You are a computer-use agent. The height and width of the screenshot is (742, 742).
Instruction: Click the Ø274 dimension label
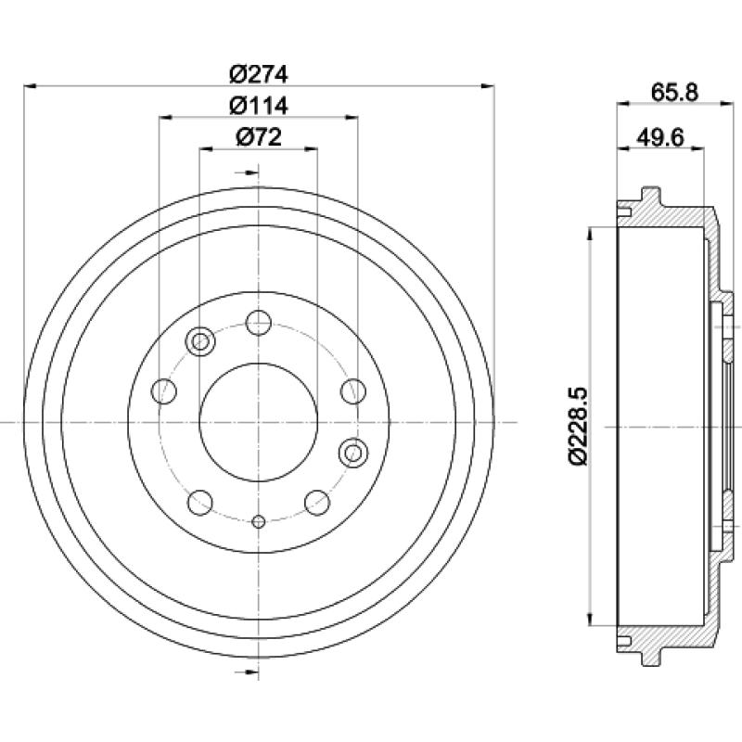coord(259,74)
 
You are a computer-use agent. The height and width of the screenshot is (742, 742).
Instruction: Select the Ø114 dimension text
coord(259,106)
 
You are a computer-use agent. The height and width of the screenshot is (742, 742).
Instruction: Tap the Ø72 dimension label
coord(259,137)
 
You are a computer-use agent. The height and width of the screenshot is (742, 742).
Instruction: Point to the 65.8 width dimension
coord(674,92)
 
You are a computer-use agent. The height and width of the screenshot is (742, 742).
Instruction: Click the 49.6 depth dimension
coord(660,137)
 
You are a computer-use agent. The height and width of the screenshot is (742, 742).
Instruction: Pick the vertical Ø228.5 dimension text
coord(577,426)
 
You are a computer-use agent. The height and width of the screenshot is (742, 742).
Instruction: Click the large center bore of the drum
coord(259,422)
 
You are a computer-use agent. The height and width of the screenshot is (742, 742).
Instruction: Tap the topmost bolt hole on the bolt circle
coord(259,323)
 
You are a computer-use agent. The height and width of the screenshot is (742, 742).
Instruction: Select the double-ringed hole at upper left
coord(200,340)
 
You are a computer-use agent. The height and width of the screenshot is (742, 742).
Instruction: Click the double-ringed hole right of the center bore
coord(353,453)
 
